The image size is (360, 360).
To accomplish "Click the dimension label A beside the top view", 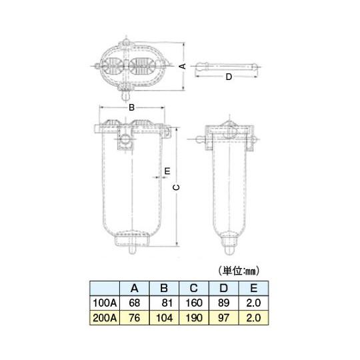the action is click(183, 67).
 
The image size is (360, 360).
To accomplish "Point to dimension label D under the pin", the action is click(229, 77).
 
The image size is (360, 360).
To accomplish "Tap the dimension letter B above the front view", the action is click(131, 107).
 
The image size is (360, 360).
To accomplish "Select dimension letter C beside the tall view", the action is click(176, 187).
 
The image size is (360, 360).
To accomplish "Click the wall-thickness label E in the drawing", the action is click(167, 171).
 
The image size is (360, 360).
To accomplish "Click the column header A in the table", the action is click(134, 288).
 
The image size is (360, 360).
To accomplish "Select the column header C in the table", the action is click(194, 288).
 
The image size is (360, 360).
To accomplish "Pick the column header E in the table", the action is click(253, 288).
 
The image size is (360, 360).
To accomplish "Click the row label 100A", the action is click(105, 303).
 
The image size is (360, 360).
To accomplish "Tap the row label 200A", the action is click(105, 318).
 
